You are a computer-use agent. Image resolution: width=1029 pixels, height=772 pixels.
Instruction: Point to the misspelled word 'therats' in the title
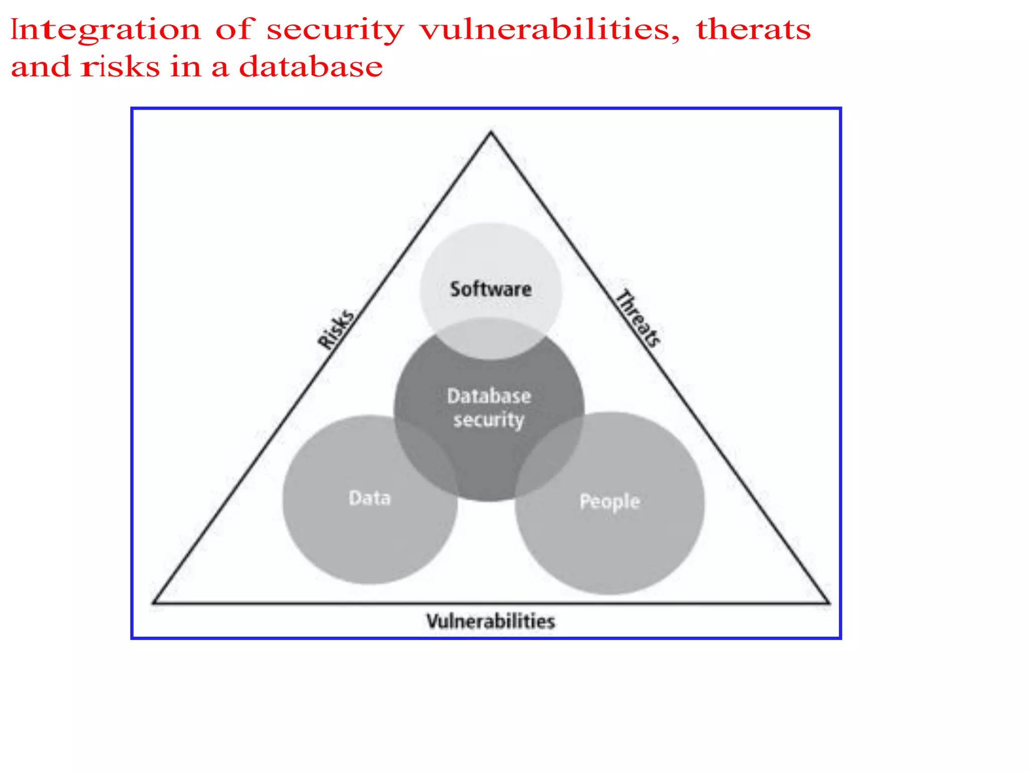click(753, 29)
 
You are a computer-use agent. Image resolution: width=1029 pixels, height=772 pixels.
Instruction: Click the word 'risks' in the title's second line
click(121, 67)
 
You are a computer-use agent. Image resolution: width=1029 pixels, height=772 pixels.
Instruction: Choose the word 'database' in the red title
click(311, 67)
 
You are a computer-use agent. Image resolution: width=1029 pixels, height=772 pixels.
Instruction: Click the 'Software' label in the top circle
click(490, 289)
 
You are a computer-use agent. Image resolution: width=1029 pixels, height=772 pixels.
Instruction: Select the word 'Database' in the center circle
click(489, 396)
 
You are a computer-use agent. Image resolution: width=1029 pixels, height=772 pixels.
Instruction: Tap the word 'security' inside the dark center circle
click(488, 420)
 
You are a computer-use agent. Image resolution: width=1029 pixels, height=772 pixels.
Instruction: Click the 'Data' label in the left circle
click(369, 498)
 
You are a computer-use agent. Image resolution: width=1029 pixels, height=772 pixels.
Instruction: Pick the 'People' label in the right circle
click(609, 502)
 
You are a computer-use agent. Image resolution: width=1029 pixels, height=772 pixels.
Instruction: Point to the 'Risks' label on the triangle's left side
click(336, 329)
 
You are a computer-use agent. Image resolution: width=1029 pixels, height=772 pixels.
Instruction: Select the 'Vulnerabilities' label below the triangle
click(490, 622)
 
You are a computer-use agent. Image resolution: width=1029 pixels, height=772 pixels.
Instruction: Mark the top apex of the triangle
click(491, 133)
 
